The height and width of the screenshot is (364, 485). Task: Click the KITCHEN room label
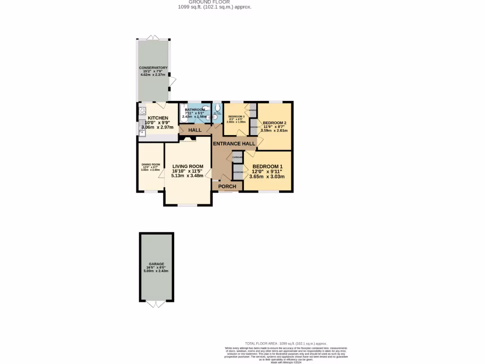[158, 118]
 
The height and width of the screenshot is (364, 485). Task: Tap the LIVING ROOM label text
[188, 166]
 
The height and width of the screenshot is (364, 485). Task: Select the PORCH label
[227, 186]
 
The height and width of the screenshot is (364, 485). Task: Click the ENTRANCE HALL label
[234, 144]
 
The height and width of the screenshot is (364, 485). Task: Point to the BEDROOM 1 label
[268, 166]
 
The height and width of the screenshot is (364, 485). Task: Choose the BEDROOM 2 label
[274, 122]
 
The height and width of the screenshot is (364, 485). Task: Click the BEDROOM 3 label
[236, 117]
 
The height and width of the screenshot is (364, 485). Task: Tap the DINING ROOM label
[151, 164]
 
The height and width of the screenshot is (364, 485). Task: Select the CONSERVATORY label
[153, 68]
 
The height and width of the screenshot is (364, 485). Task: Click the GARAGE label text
[156, 264]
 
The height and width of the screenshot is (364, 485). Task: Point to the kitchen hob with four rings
[142, 112]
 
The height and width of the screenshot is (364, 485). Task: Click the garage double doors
[156, 303]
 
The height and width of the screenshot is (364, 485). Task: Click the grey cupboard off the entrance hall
[237, 157]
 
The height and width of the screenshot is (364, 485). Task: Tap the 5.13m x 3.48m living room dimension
[188, 176]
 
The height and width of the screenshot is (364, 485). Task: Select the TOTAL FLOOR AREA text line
[286, 344]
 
